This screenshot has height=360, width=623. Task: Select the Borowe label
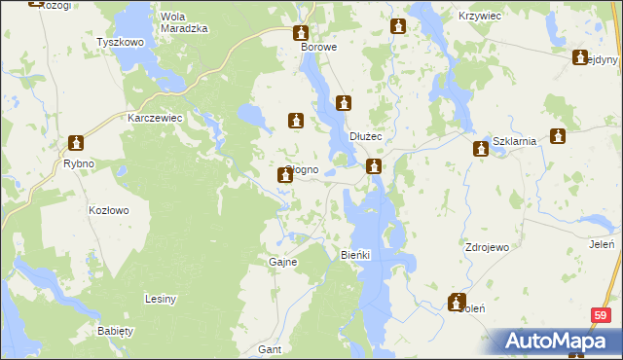tap(318, 47)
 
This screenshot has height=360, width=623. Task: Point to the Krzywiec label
tap(478, 18)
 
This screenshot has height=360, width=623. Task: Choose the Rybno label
tap(78, 163)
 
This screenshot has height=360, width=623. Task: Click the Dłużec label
tap(367, 137)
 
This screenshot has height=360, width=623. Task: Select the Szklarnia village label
tap(516, 141)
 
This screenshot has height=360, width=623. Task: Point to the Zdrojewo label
tap(488, 247)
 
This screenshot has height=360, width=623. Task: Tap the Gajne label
tap(282, 262)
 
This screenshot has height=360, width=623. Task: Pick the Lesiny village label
tap(160, 299)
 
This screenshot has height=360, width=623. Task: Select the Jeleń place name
tap(602, 244)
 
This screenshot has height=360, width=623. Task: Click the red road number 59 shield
tap(601, 316)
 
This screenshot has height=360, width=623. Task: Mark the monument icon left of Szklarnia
tap(481, 148)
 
